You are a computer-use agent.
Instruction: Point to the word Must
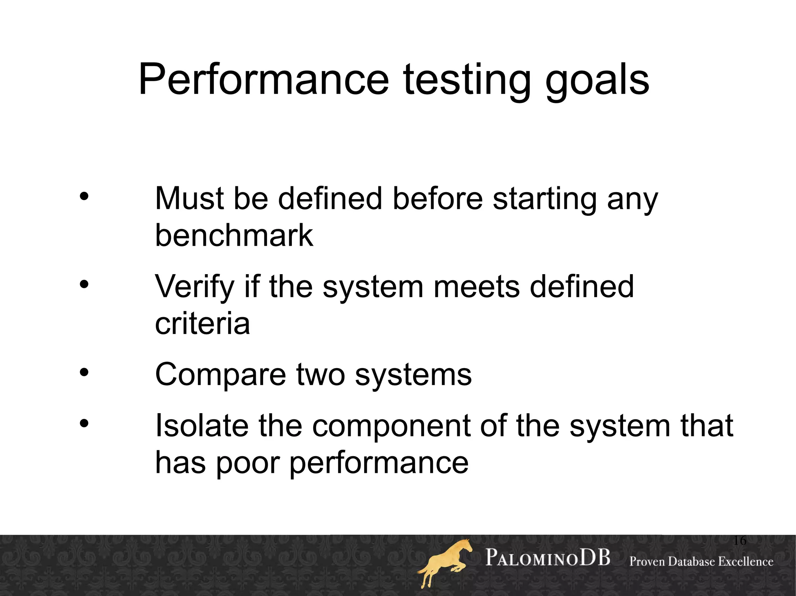coord(189,198)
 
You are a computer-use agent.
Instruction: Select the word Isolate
coord(201,426)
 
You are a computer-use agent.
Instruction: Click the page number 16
coord(740,540)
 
